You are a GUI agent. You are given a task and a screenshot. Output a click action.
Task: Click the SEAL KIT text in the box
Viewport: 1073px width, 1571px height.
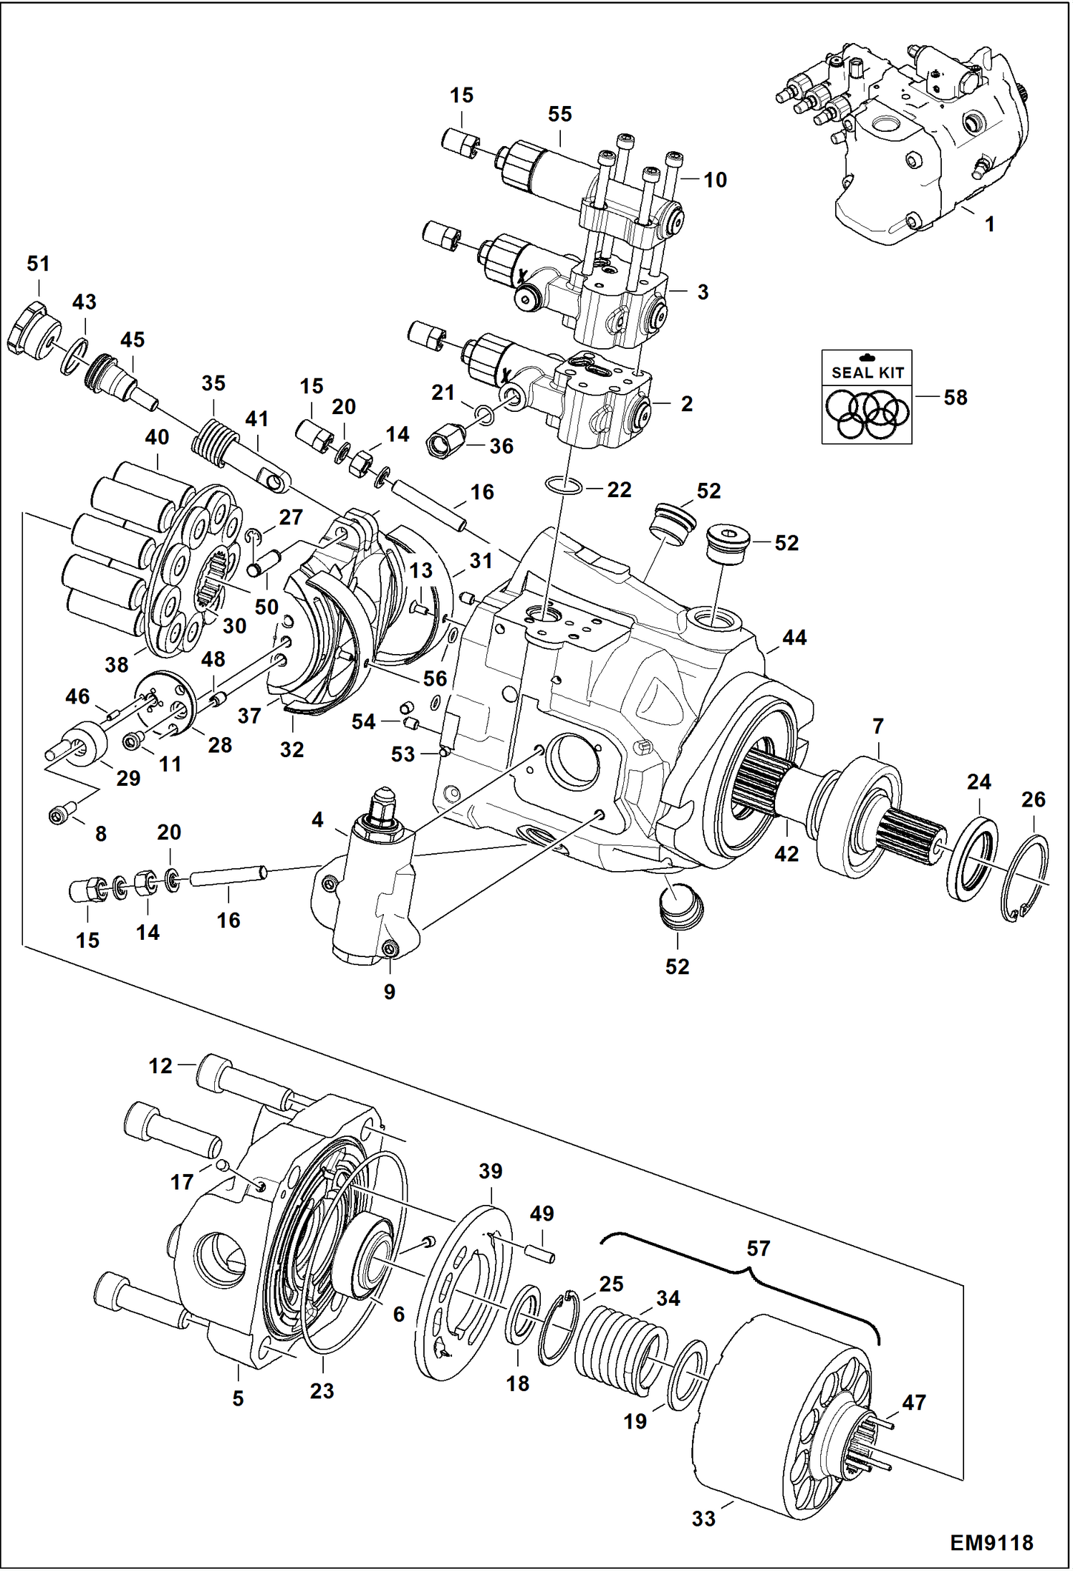pyautogui.click(x=867, y=373)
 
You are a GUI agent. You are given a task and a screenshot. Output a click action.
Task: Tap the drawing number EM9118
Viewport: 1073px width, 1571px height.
pyautogui.click(x=991, y=1542)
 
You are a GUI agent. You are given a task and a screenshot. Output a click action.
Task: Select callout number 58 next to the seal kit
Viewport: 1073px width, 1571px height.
pyautogui.click(x=955, y=398)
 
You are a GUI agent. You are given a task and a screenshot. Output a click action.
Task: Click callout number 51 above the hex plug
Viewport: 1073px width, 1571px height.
pyautogui.click(x=38, y=264)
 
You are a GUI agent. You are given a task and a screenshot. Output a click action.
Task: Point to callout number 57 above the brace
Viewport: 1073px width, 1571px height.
pyautogui.click(x=758, y=1249)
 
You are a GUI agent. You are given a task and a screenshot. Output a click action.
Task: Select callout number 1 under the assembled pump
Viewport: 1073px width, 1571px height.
pyautogui.click(x=989, y=224)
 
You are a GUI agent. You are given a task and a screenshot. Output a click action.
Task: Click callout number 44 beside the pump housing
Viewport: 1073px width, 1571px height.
pyautogui.click(x=794, y=638)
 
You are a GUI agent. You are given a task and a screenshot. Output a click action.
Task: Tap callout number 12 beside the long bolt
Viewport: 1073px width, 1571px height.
pyautogui.click(x=160, y=1066)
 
